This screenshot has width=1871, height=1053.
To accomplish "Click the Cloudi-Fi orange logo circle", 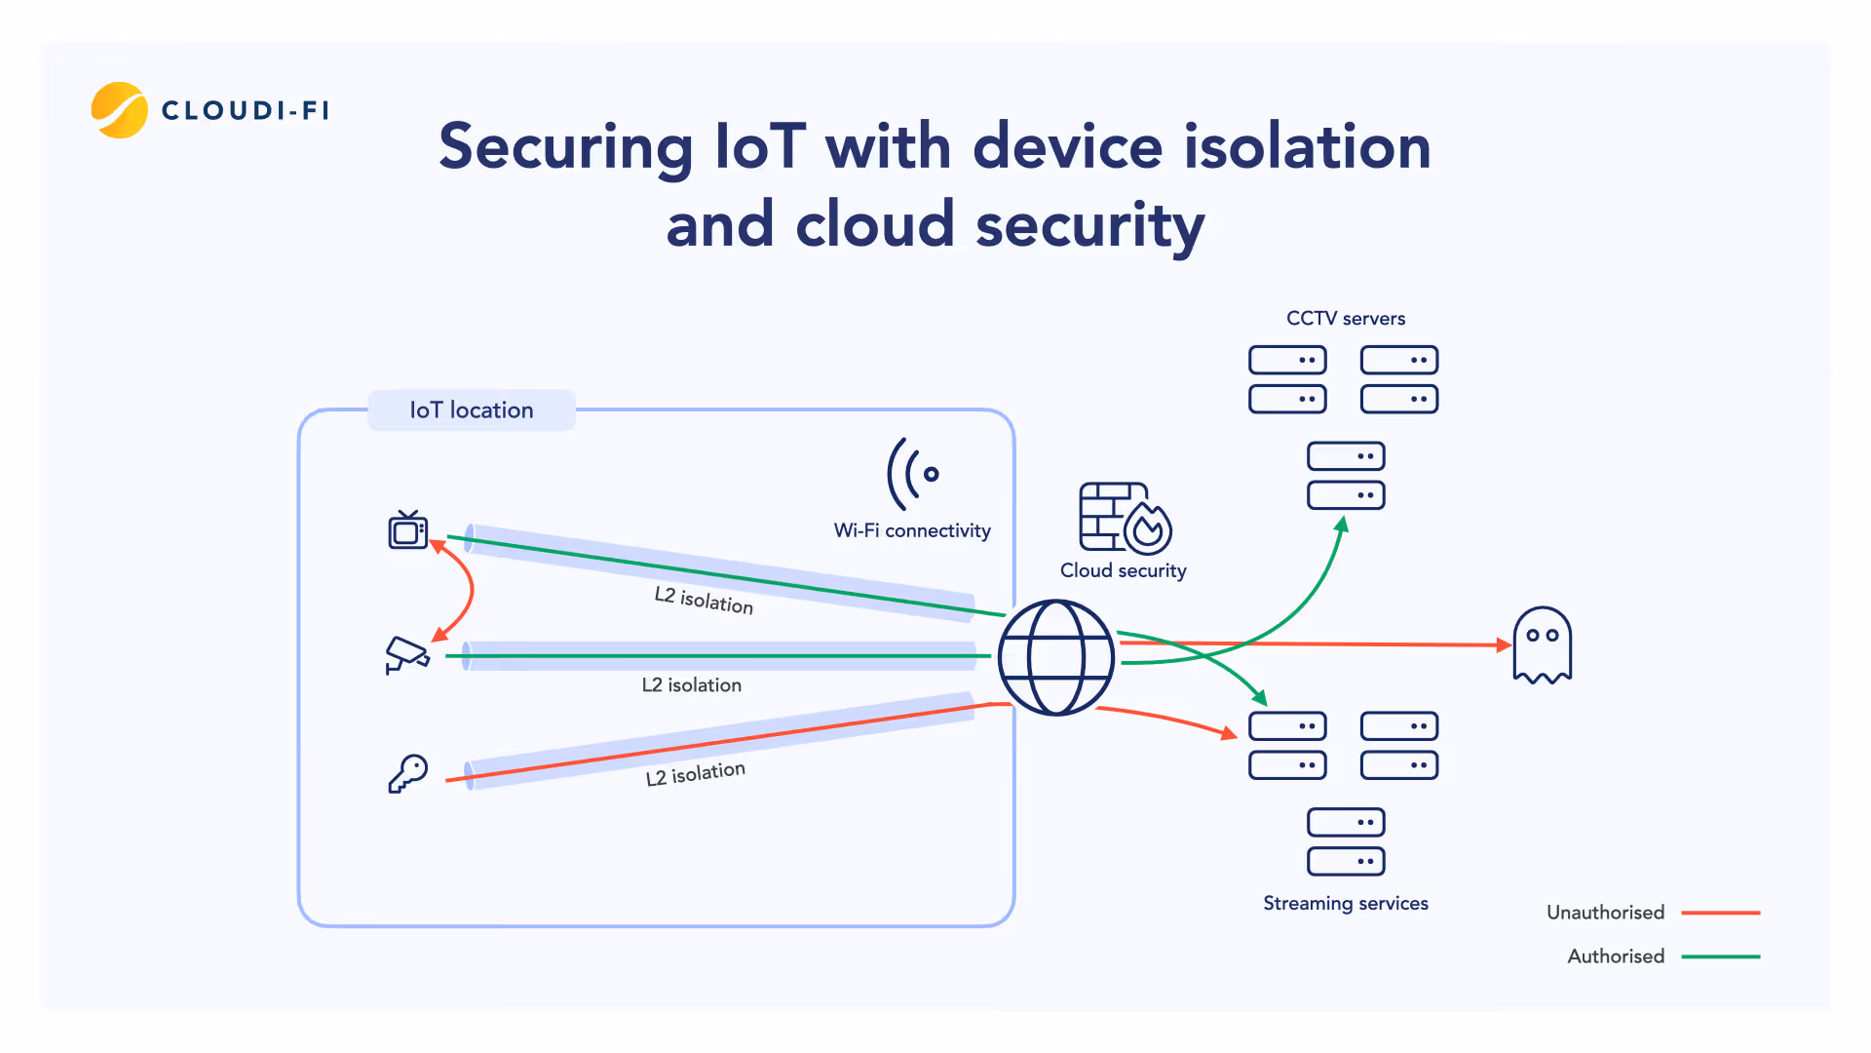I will [x=119, y=110].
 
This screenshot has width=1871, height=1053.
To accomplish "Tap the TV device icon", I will [x=408, y=530].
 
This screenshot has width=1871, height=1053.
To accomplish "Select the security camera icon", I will [x=407, y=654].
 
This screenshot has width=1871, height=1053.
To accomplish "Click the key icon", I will [x=408, y=773].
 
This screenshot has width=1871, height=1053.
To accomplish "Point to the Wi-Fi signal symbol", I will [x=913, y=474].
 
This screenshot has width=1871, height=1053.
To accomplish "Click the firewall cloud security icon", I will [x=1125, y=518].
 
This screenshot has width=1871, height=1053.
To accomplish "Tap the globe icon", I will [x=1056, y=658].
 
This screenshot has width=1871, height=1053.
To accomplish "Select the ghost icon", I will [x=1542, y=645].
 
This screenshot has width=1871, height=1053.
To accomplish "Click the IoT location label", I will [x=472, y=410].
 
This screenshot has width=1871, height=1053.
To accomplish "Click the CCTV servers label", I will [x=1345, y=319].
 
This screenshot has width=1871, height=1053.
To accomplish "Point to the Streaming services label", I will [x=1345, y=904].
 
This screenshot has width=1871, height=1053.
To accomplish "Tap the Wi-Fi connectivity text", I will [x=912, y=530].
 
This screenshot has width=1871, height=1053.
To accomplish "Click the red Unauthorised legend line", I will [x=1721, y=913].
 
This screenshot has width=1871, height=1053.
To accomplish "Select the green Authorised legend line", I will [x=1721, y=956].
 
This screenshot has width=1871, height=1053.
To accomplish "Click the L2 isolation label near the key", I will [x=695, y=774].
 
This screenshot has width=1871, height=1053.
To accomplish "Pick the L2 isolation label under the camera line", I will [x=691, y=685].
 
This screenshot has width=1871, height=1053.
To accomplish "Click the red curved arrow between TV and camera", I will [x=471, y=589].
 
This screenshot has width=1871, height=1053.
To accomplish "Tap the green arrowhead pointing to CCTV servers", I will [x=1342, y=526].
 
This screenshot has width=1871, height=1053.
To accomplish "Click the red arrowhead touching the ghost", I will [x=1504, y=644].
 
